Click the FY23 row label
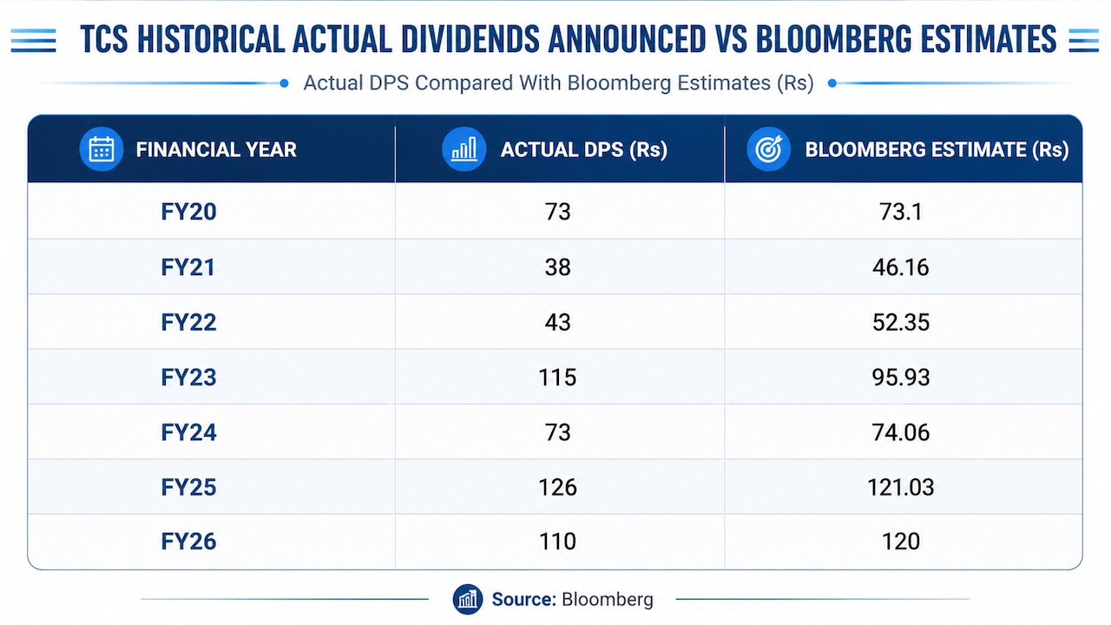(x=188, y=378)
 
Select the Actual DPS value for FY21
(x=557, y=267)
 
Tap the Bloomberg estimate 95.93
(x=901, y=378)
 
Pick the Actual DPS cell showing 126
(x=557, y=487)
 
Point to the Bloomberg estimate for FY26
(x=901, y=541)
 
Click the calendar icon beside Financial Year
(x=102, y=148)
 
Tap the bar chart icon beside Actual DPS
(x=463, y=148)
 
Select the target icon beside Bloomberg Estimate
(x=768, y=148)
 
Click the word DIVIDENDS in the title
(x=470, y=39)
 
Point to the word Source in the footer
(x=523, y=599)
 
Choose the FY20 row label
(x=188, y=212)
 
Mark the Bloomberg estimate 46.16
(x=901, y=267)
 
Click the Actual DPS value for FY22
(x=557, y=322)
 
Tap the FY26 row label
(x=188, y=541)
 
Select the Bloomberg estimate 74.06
(x=901, y=432)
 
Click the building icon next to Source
(x=467, y=599)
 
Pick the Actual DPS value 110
(x=557, y=541)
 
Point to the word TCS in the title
(x=104, y=39)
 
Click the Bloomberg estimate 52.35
(x=901, y=322)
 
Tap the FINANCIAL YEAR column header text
(x=216, y=150)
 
